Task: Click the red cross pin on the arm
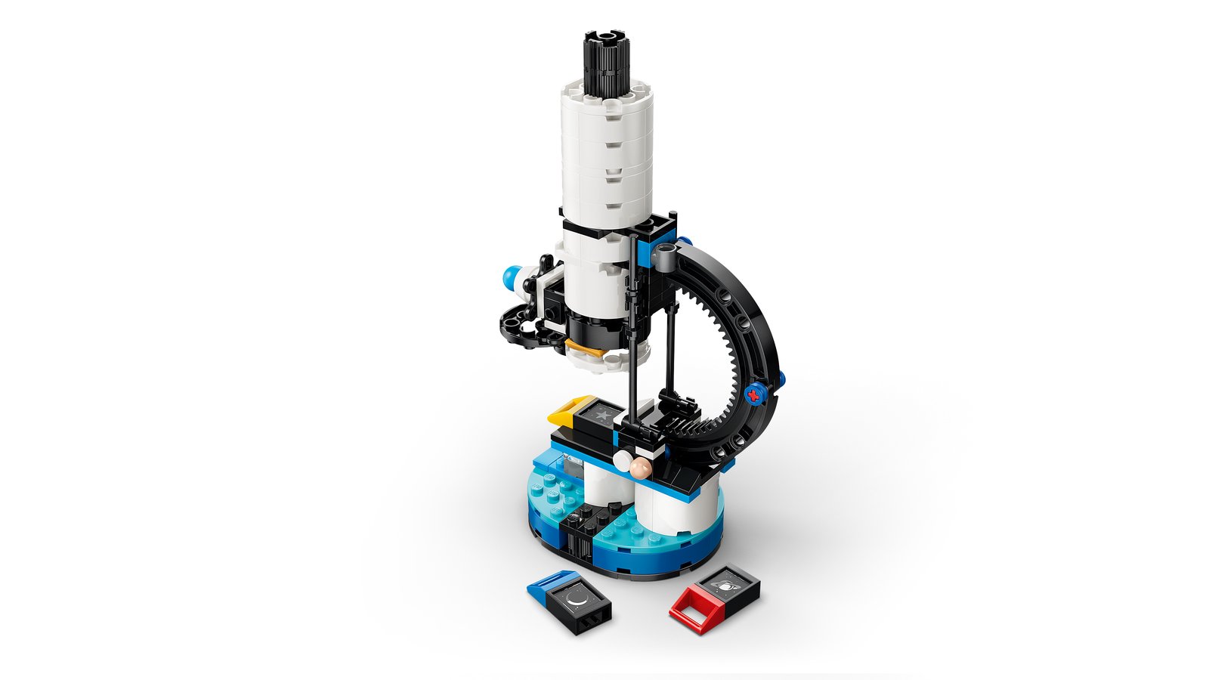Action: click(x=752, y=393)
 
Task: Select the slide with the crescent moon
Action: click(x=579, y=601)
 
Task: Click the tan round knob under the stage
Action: click(x=640, y=469)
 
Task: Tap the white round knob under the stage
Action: click(x=624, y=459)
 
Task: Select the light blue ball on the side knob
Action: click(x=512, y=277)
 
